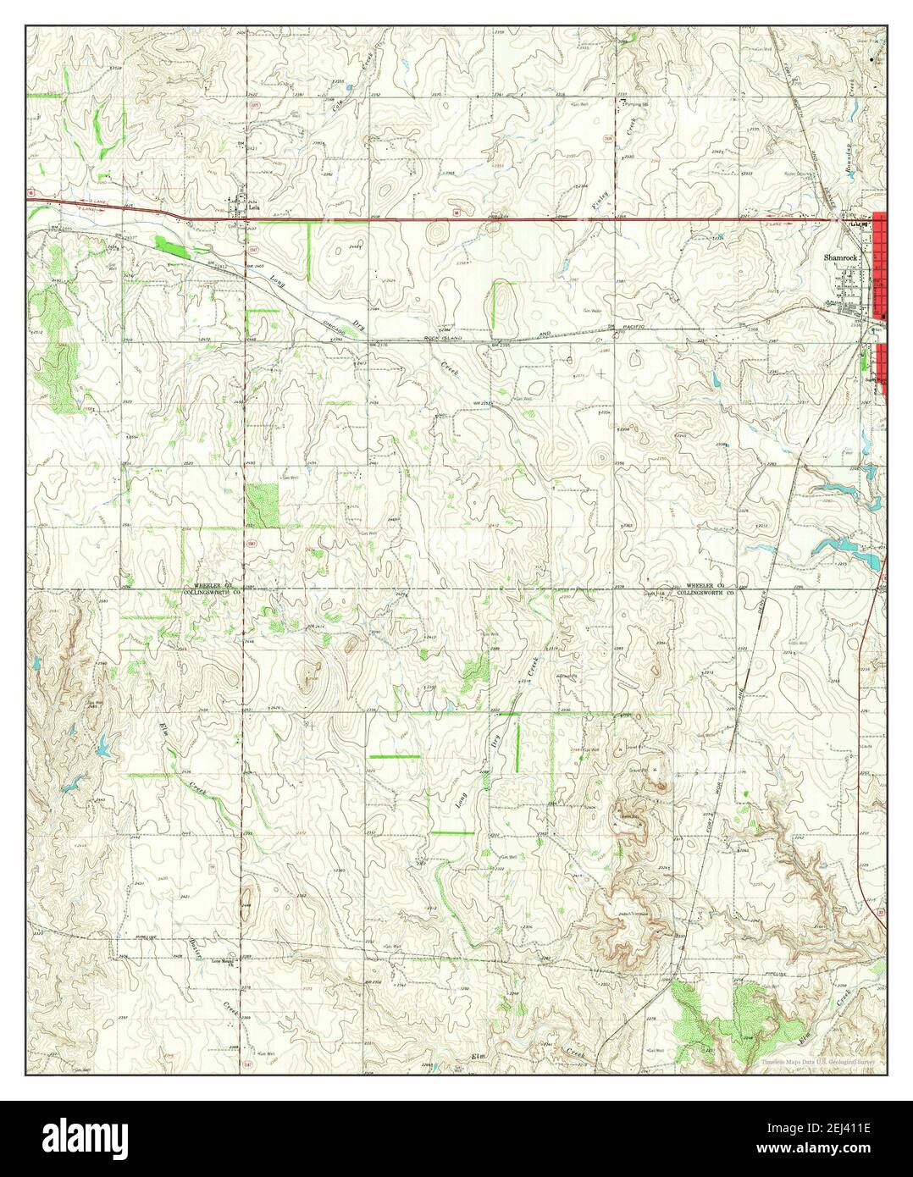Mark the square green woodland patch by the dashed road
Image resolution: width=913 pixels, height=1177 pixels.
(x=262, y=506)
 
